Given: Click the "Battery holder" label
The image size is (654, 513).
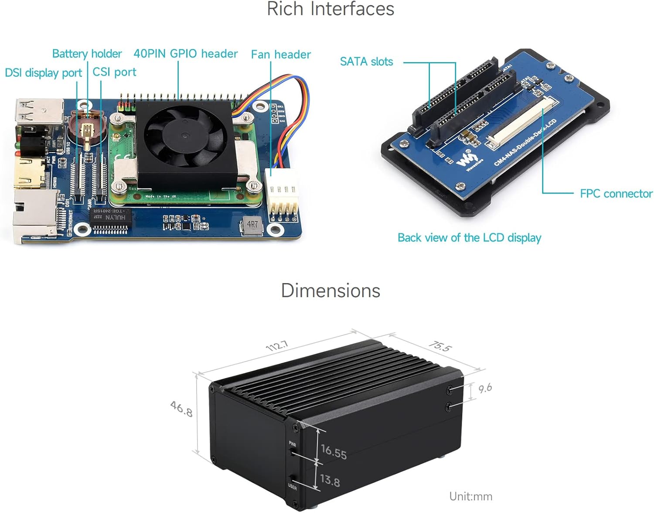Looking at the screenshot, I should click(87, 54).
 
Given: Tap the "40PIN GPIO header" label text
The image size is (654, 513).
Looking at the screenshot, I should click(185, 54).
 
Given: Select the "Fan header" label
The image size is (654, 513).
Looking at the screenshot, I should click(281, 55).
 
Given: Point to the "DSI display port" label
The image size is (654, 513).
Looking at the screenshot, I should click(43, 72).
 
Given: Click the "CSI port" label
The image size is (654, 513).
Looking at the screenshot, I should click(114, 72).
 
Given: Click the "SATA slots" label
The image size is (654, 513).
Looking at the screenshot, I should click(366, 62).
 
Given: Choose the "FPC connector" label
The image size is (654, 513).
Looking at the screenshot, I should click(616, 194).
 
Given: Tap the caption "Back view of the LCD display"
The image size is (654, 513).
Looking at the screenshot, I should click(469, 238).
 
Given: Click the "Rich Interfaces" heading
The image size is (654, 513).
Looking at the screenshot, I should click(330, 9).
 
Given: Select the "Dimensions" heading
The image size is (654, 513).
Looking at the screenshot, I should click(330, 291).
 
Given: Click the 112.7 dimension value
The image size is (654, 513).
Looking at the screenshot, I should click(277, 346).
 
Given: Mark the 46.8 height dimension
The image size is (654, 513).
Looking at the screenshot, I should click(181, 409).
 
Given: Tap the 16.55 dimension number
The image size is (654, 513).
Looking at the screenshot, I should click(334, 451).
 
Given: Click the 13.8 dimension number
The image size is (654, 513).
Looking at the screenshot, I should click(330, 480).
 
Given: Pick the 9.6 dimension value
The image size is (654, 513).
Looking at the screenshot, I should click(485, 388).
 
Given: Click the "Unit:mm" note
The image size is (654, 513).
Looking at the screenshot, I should click(470, 496).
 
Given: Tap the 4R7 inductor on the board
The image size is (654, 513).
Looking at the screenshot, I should click(252, 225).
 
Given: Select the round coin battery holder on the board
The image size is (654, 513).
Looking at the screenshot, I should click(87, 129).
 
